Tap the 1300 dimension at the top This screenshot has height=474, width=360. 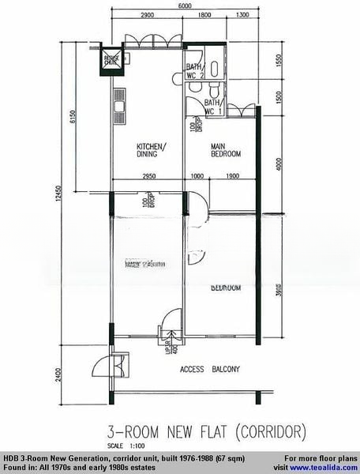[x=242, y=16]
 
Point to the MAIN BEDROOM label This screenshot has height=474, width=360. [x=225, y=150]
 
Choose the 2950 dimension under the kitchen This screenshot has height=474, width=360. [x=142, y=175]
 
